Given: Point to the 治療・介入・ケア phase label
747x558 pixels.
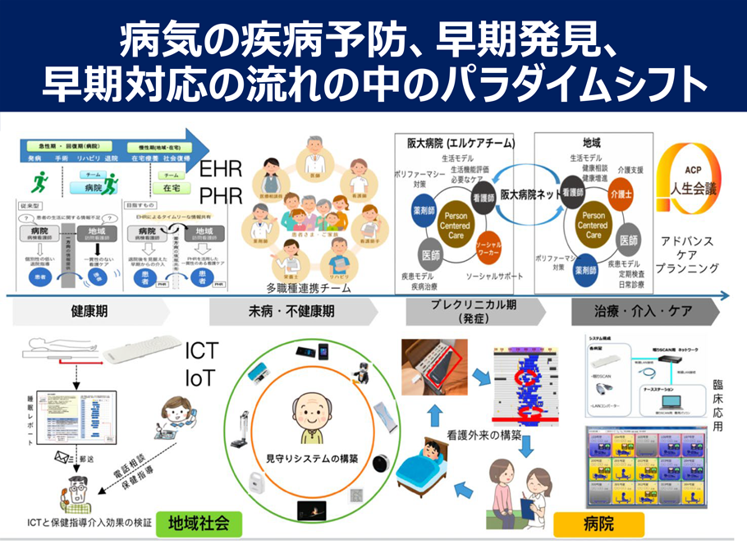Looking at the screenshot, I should pyautogui.click(x=643, y=312).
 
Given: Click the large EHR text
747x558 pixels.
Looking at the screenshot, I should pyautogui.click(x=222, y=170).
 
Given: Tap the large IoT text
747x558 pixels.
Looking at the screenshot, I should pyautogui.click(x=199, y=377).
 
